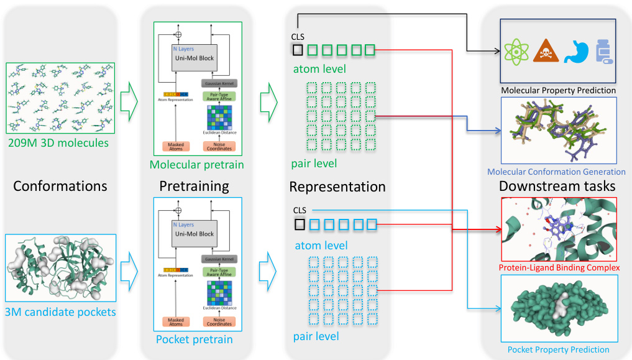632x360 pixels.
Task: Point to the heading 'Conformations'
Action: point(60,186)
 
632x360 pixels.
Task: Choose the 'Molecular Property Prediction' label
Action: point(558,90)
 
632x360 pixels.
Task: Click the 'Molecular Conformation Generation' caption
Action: point(556,172)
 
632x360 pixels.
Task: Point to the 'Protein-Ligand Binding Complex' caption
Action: point(559,267)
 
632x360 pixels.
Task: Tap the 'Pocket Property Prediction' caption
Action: point(558,349)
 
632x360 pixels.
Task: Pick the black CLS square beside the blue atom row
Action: point(298,224)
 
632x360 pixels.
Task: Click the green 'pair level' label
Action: point(314,164)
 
